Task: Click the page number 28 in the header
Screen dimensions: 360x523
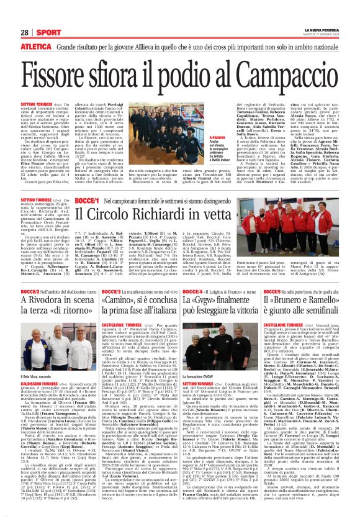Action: [x=25, y=32]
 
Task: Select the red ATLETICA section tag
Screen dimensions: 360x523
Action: [x=36, y=46]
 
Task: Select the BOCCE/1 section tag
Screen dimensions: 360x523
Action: [x=88, y=202]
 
